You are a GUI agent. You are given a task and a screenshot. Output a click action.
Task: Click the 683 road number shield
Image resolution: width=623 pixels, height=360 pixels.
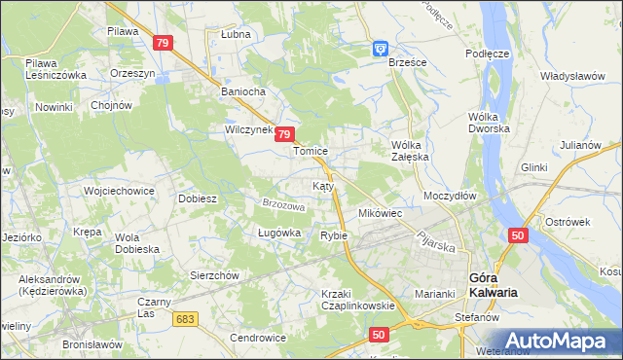click(x=187, y=318)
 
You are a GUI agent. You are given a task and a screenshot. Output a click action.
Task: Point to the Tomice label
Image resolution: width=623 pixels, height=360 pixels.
click(x=311, y=152)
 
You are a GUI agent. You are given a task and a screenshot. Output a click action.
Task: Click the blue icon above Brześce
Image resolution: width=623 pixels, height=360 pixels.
click(x=381, y=48)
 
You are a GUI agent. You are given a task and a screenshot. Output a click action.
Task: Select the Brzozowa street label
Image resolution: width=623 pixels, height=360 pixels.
click(x=284, y=205)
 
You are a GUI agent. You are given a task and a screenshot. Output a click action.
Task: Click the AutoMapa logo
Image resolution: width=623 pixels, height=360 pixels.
click(x=555, y=340)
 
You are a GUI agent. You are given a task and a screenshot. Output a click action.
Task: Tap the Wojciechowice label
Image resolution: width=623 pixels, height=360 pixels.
click(x=120, y=191)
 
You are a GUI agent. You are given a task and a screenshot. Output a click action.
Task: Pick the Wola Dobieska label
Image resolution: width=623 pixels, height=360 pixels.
click(x=136, y=242)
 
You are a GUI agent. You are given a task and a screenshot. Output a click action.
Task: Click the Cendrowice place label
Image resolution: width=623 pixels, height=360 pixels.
click(x=257, y=338)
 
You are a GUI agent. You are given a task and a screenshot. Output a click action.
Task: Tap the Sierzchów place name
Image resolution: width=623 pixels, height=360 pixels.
click(x=214, y=275)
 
